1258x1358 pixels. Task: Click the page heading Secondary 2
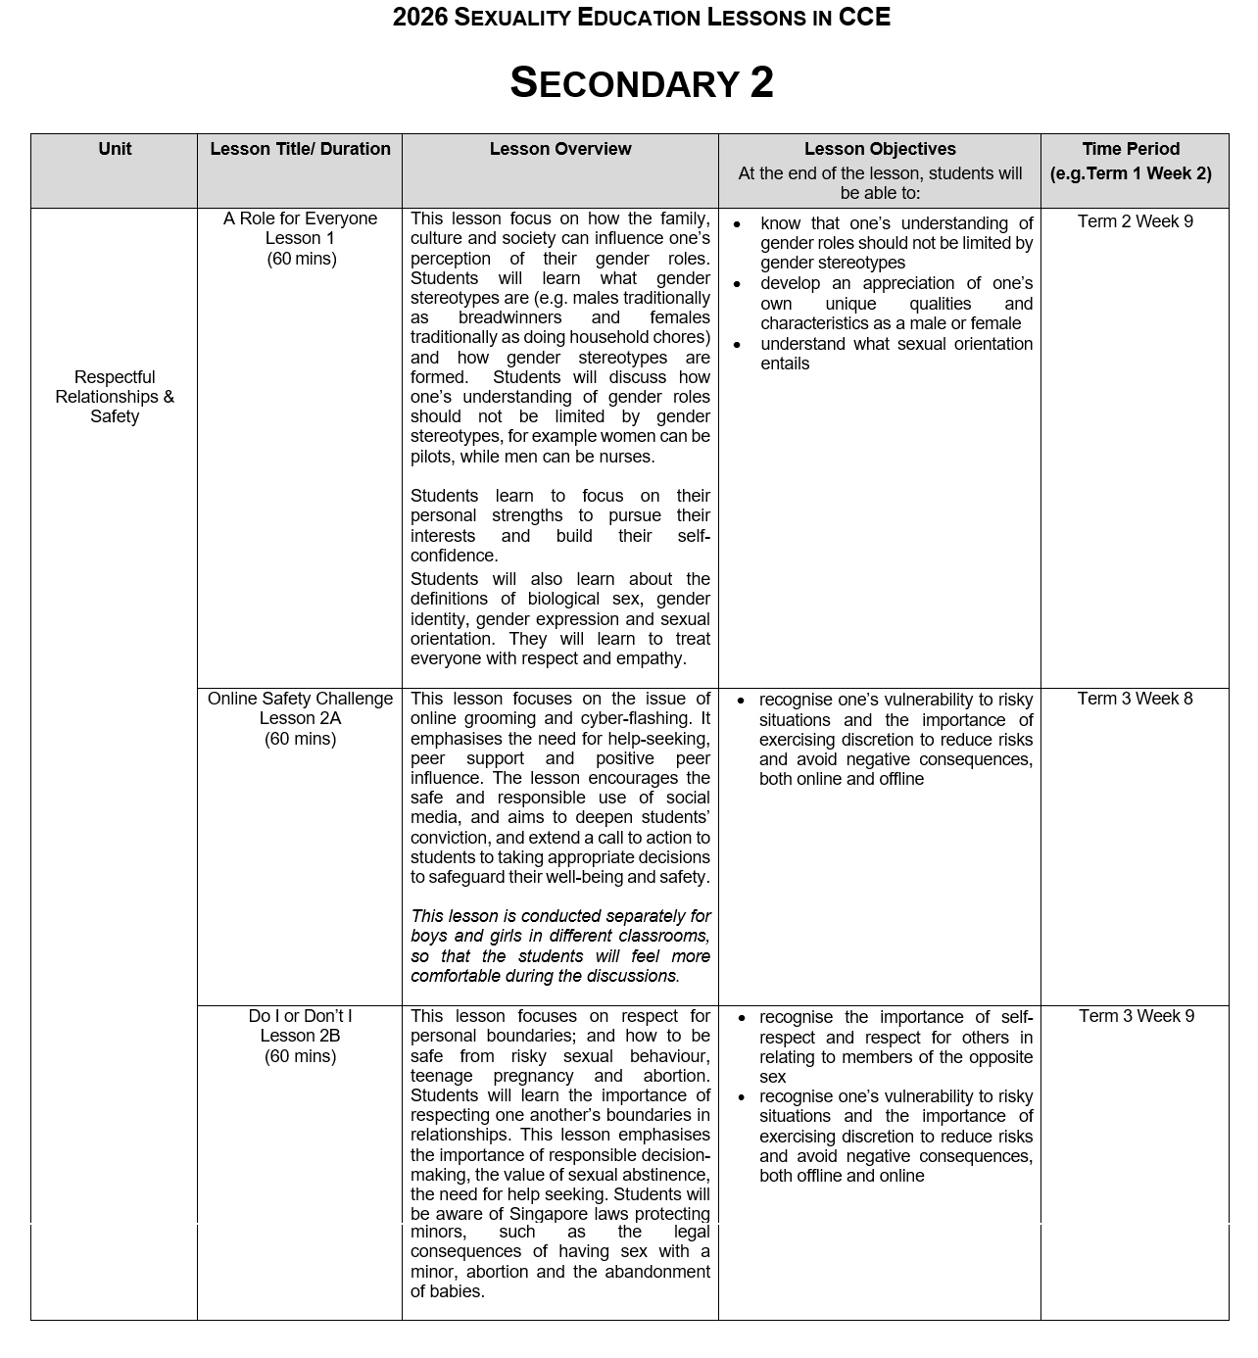642,83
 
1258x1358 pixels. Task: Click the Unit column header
115,149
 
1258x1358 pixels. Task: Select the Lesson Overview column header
560,149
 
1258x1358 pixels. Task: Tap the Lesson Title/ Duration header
300,149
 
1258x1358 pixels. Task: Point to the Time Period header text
1131,149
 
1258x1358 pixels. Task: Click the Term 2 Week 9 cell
1135,221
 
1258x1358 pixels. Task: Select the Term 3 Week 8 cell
1135,699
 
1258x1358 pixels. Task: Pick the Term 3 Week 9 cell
1136,1016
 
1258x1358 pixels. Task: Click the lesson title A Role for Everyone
300,218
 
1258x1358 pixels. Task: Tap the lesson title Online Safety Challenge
300,699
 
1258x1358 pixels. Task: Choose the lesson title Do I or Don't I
300,1016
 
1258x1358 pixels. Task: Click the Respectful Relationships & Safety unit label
115,397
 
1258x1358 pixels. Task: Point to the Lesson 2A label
300,718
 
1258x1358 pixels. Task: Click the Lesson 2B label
300,1036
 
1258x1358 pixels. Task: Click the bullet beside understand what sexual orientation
737,345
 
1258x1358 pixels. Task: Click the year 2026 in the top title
419,18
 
